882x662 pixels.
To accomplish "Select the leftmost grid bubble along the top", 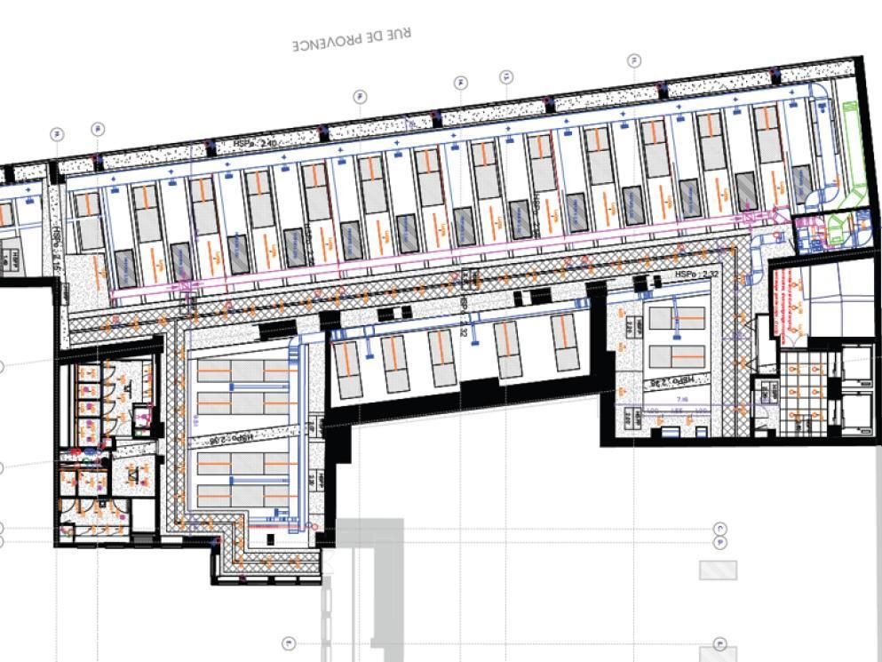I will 57,134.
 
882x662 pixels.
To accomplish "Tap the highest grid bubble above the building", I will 634,60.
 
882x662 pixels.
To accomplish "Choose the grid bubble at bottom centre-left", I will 288,642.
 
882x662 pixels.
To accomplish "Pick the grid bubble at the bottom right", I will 720,644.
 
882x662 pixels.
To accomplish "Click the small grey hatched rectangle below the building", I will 718,570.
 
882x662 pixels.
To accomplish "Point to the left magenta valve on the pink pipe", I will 184,286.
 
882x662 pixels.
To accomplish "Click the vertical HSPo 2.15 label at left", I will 56,238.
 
